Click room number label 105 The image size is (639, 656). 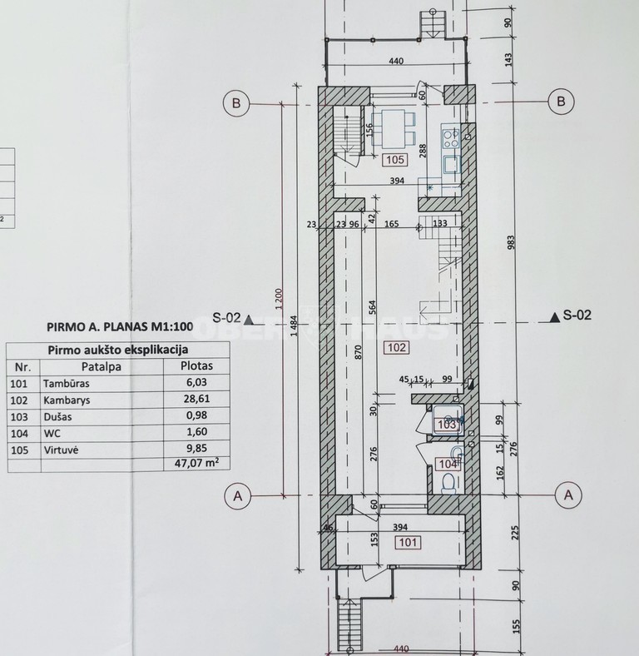pyautogui.click(x=395, y=159)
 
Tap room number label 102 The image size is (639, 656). pyautogui.click(x=397, y=347)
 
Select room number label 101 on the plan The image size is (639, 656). pyautogui.click(x=409, y=543)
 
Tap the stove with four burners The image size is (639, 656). pyautogui.click(x=450, y=138)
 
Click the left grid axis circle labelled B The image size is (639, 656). pyautogui.click(x=236, y=102)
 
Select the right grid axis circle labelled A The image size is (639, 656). pyautogui.click(x=568, y=495)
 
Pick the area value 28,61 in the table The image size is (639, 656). pyautogui.click(x=196, y=399)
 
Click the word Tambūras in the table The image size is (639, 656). pyautogui.click(x=66, y=383)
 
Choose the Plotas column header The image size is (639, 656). pyautogui.click(x=196, y=365)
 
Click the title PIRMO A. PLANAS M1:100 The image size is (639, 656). pyautogui.click(x=120, y=326)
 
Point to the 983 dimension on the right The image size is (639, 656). pyautogui.click(x=511, y=242)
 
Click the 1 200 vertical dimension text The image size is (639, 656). pyautogui.click(x=280, y=299)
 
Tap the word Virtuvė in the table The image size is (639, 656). pyautogui.click(x=61, y=450)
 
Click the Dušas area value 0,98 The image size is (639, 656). pyautogui.click(x=196, y=415)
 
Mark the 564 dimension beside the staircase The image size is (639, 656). pyautogui.click(x=373, y=307)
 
